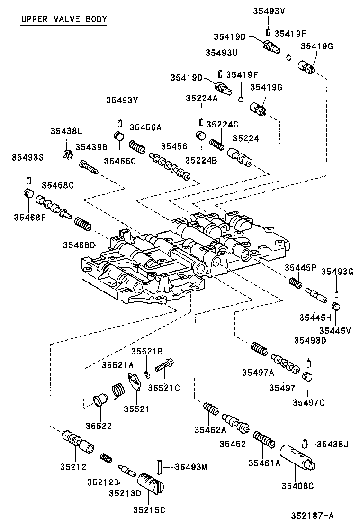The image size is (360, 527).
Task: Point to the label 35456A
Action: point(146,127)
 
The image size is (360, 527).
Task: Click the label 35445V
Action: point(334,330)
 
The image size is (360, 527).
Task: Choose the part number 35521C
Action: point(164,388)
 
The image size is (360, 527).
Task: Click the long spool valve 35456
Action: point(170,166)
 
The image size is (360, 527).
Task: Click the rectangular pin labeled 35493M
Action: point(159,468)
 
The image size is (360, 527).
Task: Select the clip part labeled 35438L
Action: point(68,154)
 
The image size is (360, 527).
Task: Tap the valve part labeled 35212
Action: point(78,441)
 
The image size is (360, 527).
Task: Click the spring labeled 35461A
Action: point(264,440)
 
